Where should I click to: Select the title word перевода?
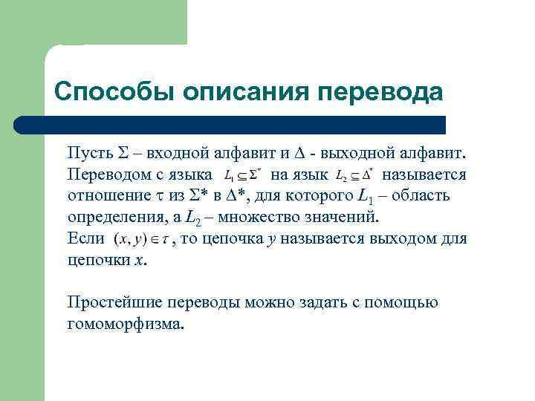[x=380, y=91]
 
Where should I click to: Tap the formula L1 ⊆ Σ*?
[x=241, y=176]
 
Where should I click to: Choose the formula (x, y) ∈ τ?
[x=140, y=240]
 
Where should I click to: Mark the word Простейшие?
[x=111, y=302]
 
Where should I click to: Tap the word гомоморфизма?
[x=124, y=324]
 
